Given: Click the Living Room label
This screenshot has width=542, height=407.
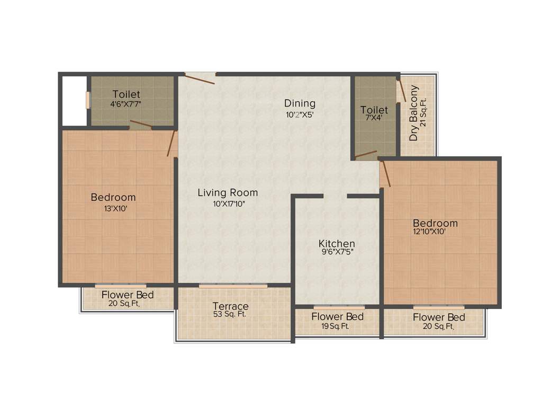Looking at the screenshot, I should pyautogui.click(x=228, y=192).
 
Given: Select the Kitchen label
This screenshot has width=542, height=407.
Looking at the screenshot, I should pyautogui.click(x=337, y=243).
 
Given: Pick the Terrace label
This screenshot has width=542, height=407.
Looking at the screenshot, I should pyautogui.click(x=230, y=306).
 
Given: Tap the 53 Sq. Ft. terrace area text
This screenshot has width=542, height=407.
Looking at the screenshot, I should pyautogui.click(x=230, y=314).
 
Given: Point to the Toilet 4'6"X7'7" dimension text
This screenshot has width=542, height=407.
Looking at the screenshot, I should pyautogui.click(x=126, y=104).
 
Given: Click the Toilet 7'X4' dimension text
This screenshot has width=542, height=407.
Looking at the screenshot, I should pyautogui.click(x=374, y=119).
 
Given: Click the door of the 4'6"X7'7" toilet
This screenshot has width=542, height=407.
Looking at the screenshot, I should pyautogui.click(x=141, y=125).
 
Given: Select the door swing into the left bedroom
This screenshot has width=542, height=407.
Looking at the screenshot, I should pyautogui.click(x=171, y=143).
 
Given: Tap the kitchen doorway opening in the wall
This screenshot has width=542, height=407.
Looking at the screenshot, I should pyautogui.click(x=335, y=196).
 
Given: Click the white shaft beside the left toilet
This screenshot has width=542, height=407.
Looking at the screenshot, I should pyautogui.click(x=75, y=101).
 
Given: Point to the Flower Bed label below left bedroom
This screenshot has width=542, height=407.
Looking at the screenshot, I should pyautogui.click(x=128, y=295).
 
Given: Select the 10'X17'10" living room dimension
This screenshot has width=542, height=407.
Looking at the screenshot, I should pyautogui.click(x=228, y=203).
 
